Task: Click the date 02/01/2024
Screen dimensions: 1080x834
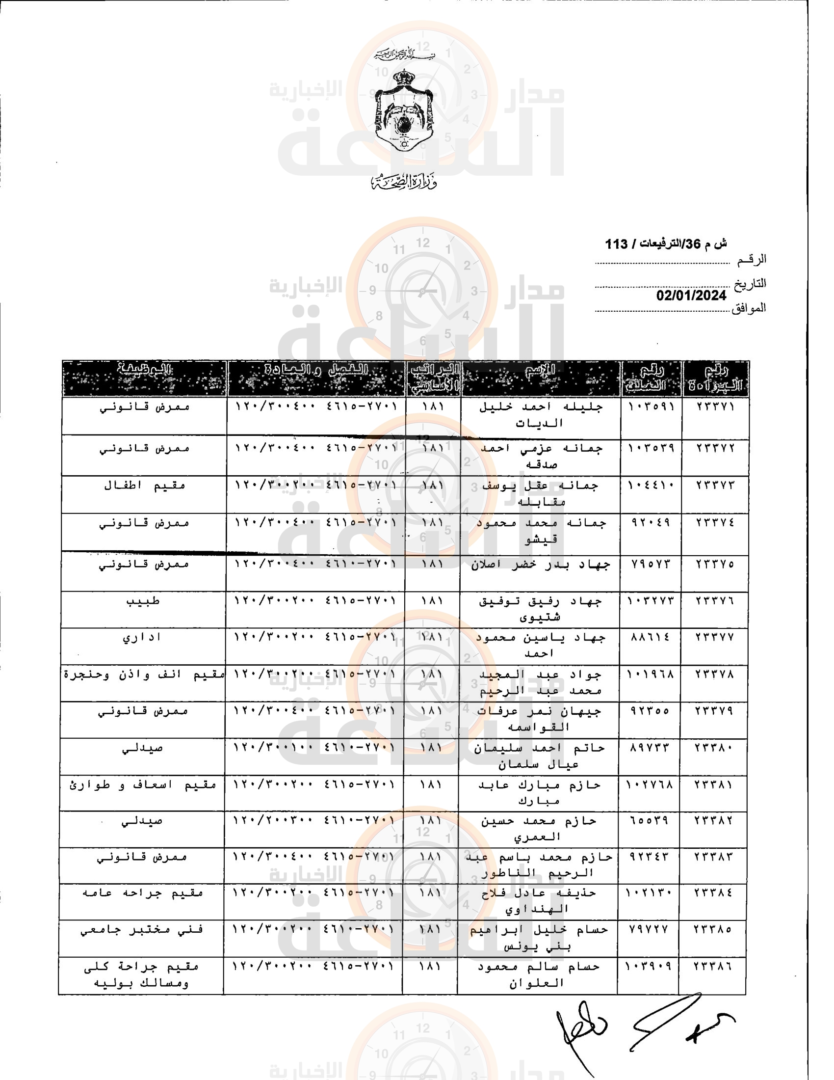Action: (x=691, y=296)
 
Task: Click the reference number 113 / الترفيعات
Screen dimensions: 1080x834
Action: (x=666, y=244)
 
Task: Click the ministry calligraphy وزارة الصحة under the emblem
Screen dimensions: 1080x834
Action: (x=404, y=183)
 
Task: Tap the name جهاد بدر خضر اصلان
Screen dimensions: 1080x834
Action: (x=540, y=564)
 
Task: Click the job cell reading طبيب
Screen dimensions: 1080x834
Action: (x=143, y=601)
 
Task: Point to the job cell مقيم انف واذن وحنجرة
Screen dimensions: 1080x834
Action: (x=143, y=675)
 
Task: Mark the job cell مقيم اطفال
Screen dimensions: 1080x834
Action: (x=144, y=485)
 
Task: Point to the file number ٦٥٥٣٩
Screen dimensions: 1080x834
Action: (x=649, y=821)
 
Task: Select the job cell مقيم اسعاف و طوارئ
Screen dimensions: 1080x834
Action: (x=142, y=785)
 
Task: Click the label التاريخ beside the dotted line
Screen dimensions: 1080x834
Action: (x=750, y=283)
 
